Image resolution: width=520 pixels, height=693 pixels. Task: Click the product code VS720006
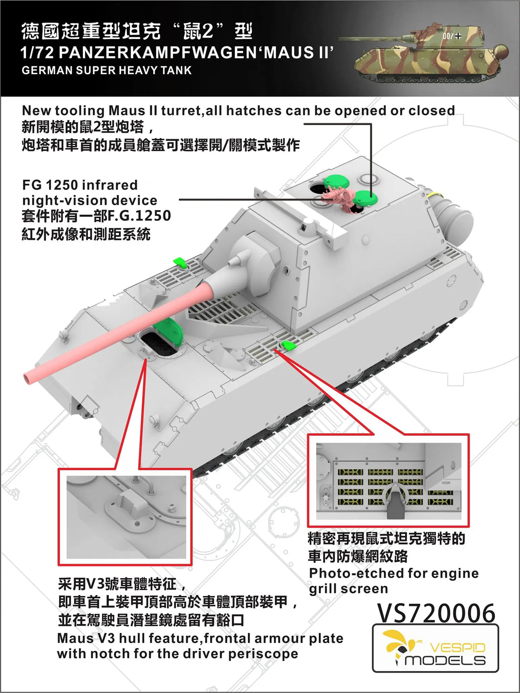click(x=436, y=613)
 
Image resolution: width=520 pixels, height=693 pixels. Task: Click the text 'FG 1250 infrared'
click(x=80, y=185)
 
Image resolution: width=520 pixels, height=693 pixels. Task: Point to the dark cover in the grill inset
click(x=394, y=502)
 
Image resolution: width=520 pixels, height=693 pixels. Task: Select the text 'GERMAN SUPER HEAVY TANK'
click(x=107, y=70)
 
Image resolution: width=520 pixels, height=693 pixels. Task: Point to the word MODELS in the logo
click(x=445, y=661)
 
